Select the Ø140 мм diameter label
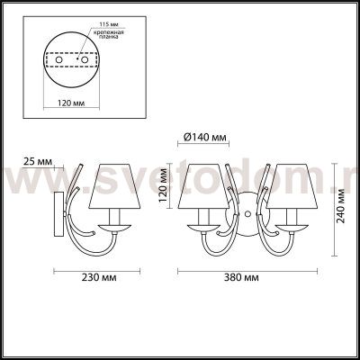[204, 138]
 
